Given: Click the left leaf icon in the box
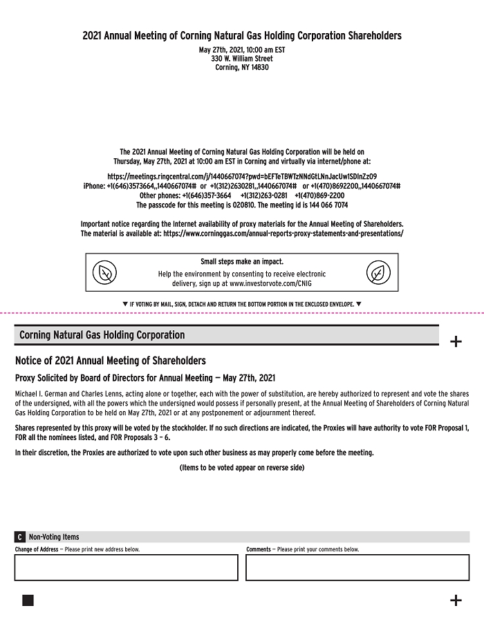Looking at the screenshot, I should [105, 273].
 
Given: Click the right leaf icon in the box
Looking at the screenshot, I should [378, 273].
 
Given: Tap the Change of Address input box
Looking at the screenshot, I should [126, 567].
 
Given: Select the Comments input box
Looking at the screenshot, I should [357, 567].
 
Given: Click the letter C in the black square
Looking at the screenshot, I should [20, 537].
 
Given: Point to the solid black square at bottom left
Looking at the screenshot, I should [28, 600].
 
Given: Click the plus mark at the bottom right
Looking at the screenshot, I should [456, 600].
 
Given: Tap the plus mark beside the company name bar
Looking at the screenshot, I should [456, 341].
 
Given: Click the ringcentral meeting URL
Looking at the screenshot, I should [242, 176].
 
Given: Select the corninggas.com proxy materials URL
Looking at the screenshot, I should [283, 234].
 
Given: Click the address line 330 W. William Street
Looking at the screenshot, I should [242, 59].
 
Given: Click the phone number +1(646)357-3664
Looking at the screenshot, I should [207, 196].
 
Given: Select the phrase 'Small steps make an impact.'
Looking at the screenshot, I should [242, 262].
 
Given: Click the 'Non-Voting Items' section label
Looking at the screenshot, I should [54, 537].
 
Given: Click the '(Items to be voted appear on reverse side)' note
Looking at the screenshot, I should [242, 468].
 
